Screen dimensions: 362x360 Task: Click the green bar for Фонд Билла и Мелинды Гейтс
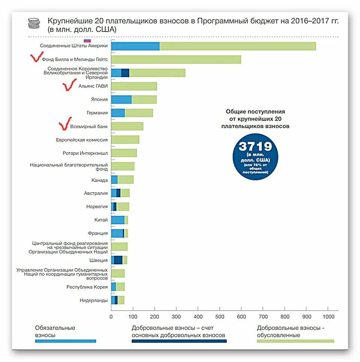click(x=176, y=59)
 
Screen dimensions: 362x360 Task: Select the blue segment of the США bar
click(x=135, y=46)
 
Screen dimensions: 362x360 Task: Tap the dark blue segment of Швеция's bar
click(x=118, y=260)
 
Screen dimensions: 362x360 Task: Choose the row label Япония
click(x=99, y=100)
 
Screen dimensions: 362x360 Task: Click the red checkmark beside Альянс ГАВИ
click(x=69, y=86)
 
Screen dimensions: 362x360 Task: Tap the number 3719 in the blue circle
click(x=255, y=146)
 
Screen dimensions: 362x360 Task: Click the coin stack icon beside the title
click(x=33, y=23)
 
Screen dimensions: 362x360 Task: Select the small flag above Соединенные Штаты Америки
click(x=87, y=40)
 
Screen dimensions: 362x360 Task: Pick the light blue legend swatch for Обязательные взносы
click(x=66, y=341)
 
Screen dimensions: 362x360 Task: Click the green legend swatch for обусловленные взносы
click(x=295, y=341)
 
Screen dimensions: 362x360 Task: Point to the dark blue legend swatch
click(x=179, y=341)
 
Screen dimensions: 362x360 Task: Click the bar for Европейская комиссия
click(x=125, y=140)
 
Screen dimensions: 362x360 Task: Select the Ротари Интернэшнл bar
click(x=124, y=153)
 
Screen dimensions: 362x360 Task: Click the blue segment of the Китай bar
click(x=118, y=220)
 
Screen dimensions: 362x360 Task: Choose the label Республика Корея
click(x=87, y=287)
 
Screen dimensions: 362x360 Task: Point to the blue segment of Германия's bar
click(x=118, y=113)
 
